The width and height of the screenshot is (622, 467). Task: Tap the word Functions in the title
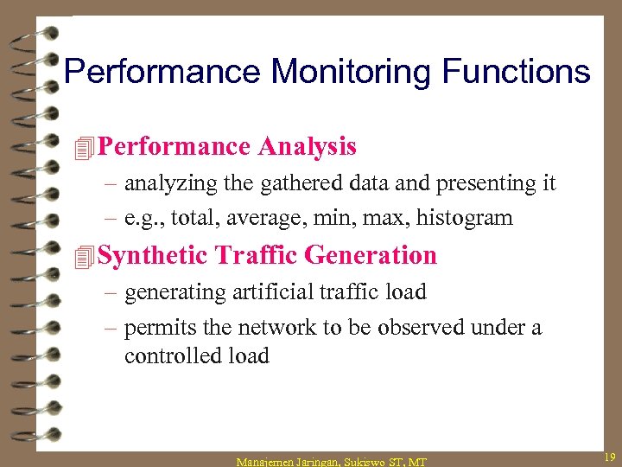[x=516, y=71]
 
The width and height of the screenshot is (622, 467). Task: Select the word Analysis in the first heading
[x=307, y=147]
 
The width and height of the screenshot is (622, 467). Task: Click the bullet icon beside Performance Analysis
[x=84, y=149]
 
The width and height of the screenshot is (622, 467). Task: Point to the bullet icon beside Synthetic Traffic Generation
[x=84, y=257]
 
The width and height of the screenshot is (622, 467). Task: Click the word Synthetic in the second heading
[x=153, y=256]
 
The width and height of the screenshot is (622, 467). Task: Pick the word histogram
[x=464, y=219]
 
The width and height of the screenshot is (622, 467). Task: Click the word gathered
[x=297, y=183]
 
